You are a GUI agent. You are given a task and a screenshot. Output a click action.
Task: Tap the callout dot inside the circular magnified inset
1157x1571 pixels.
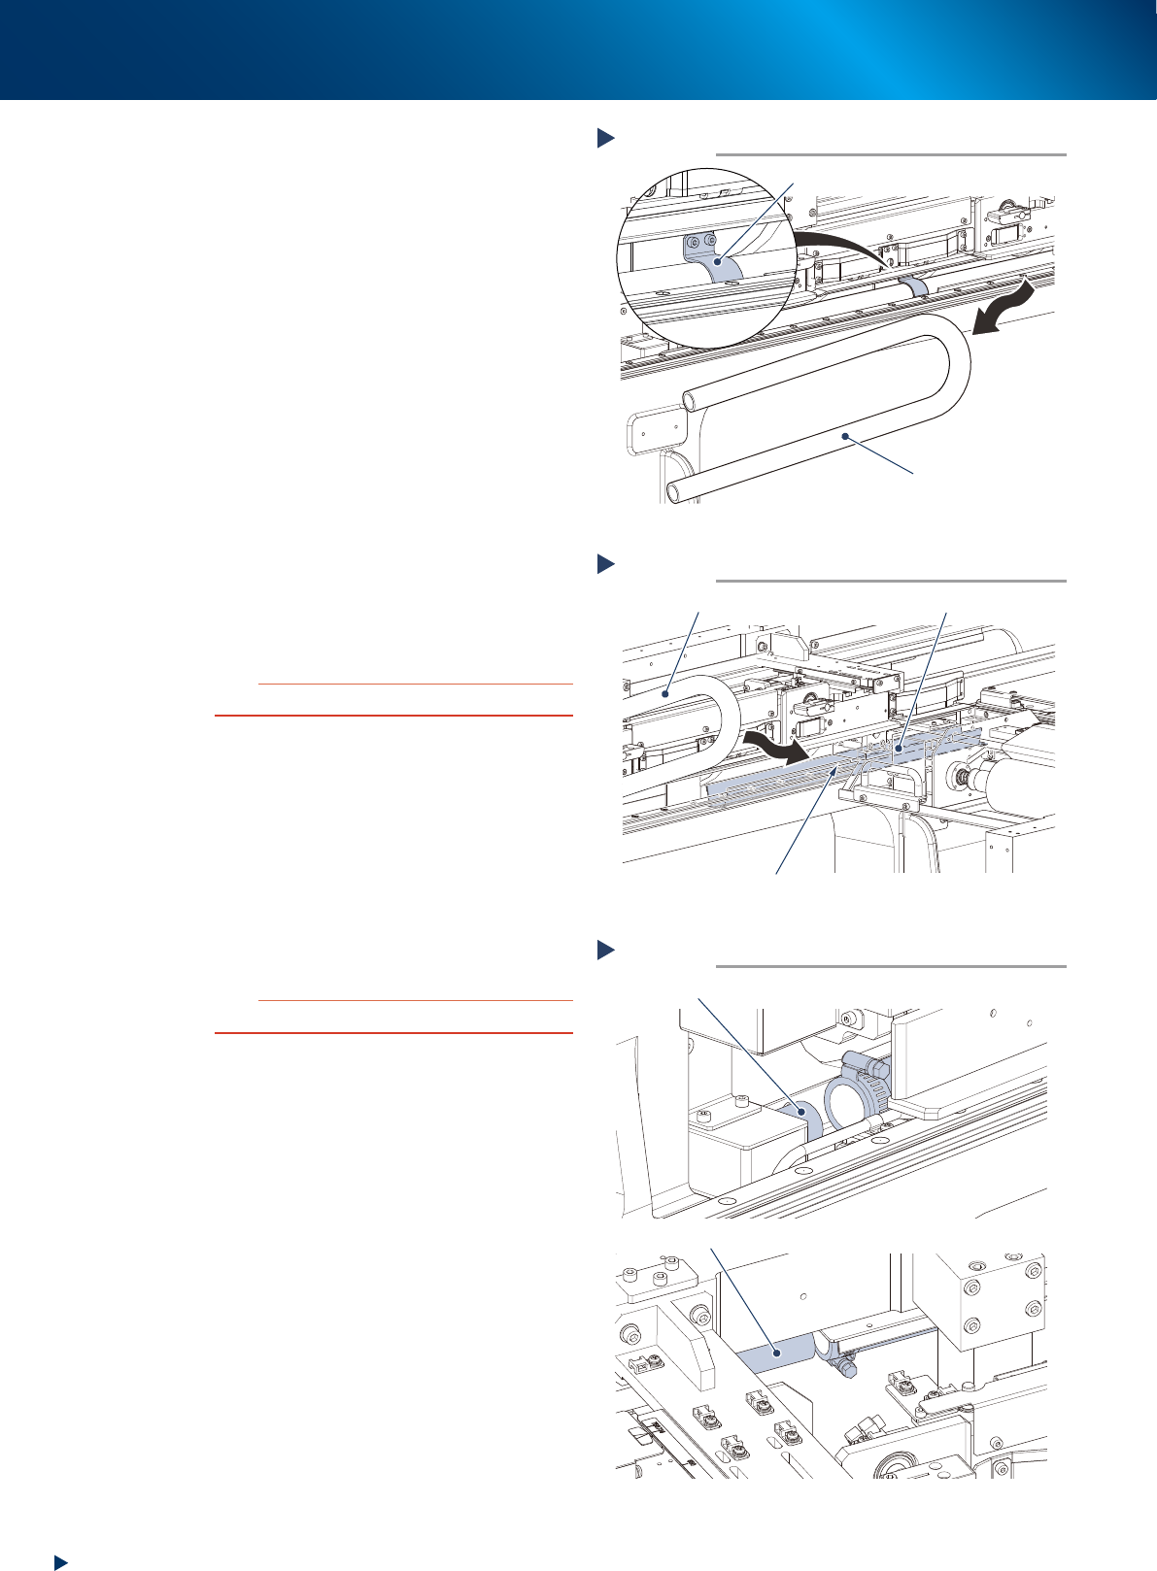tap(716, 260)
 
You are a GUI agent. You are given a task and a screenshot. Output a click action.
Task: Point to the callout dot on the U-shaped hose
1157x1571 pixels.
tap(847, 439)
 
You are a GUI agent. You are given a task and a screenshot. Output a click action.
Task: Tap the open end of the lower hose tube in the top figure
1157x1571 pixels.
tap(676, 489)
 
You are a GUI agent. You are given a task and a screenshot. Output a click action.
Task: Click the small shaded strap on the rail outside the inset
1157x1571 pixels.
tap(914, 285)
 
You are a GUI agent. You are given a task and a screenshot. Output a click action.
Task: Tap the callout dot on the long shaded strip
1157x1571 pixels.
tap(899, 749)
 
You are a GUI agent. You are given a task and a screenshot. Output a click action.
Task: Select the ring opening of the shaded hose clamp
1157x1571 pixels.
tap(844, 1105)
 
